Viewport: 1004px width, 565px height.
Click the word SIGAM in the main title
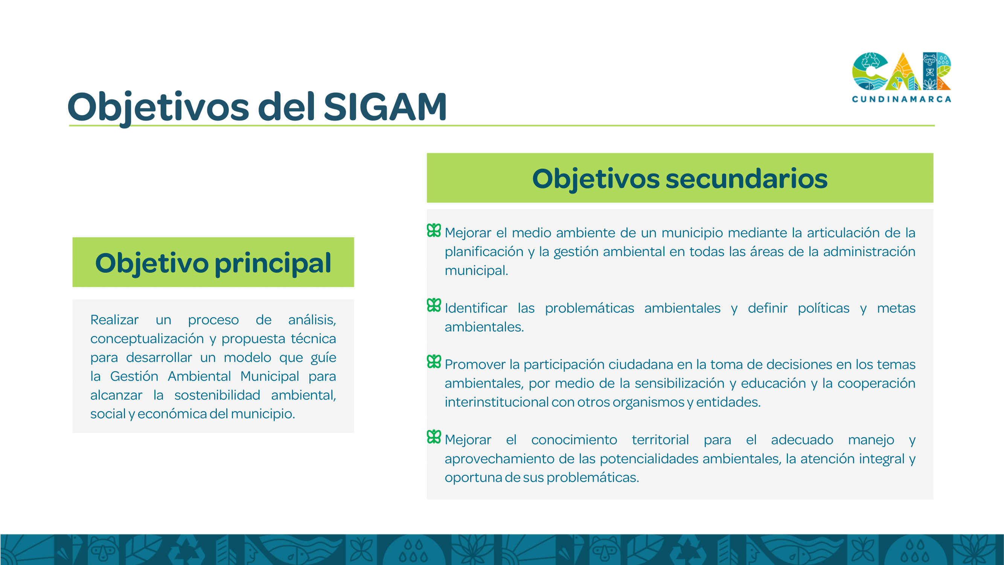pyautogui.click(x=385, y=107)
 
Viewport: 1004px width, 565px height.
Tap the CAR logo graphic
pyautogui.click(x=901, y=71)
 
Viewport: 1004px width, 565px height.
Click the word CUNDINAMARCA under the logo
pyautogui.click(x=901, y=99)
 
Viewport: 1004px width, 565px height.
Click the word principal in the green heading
pyautogui.click(x=273, y=264)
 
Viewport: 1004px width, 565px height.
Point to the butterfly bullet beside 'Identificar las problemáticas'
pyautogui.click(x=434, y=305)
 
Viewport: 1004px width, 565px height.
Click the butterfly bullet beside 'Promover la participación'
pyautogui.click(x=434, y=362)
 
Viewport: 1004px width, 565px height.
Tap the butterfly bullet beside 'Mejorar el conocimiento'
pyautogui.click(x=434, y=437)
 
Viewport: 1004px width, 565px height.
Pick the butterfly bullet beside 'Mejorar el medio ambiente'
pyautogui.click(x=434, y=231)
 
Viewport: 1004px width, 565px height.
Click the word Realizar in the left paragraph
pyautogui.click(x=114, y=320)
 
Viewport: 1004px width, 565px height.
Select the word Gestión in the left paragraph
pyautogui.click(x=134, y=376)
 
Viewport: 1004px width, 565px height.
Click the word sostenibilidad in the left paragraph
pyautogui.click(x=217, y=395)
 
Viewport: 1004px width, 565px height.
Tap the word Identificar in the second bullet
pyautogui.click(x=476, y=308)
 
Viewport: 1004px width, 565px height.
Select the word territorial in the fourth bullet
pyautogui.click(x=660, y=440)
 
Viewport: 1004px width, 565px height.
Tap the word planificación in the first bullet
pyautogui.click(x=484, y=252)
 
